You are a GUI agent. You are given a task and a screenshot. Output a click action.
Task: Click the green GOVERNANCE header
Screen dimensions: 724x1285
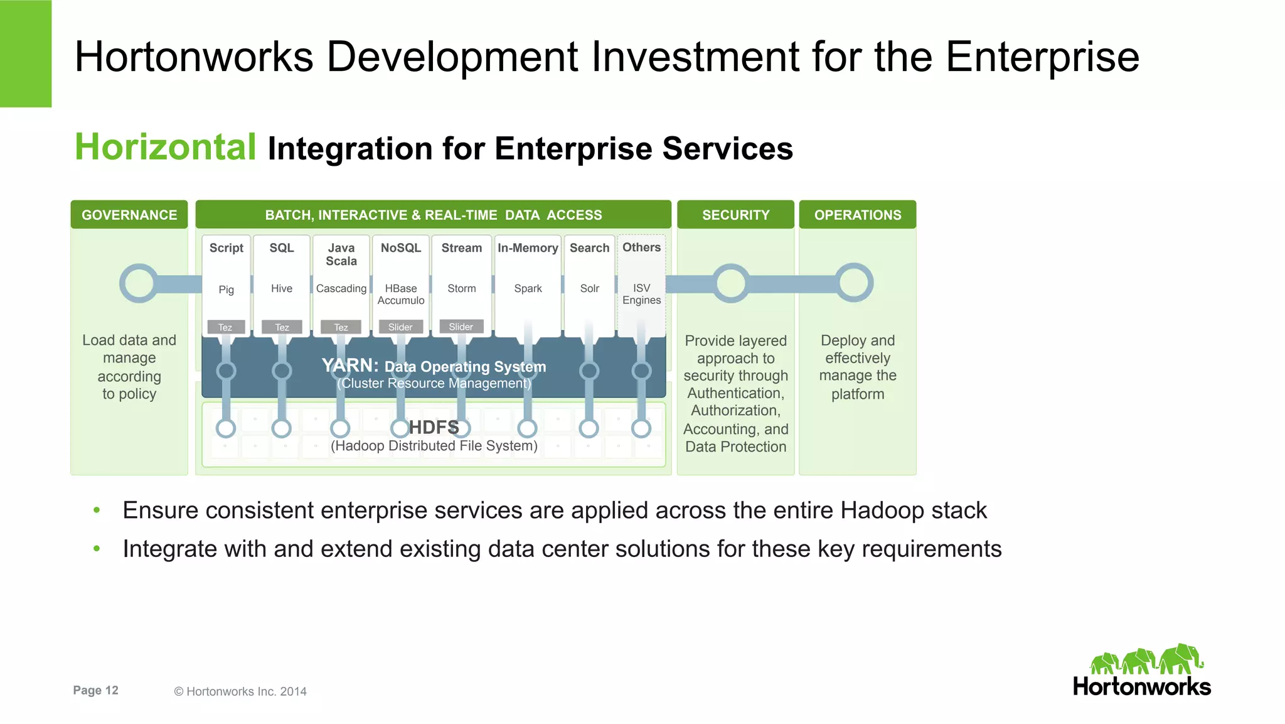click(129, 215)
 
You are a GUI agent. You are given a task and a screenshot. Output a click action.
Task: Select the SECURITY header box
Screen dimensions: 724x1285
click(735, 215)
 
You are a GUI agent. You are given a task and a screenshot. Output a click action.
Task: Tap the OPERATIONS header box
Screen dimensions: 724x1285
click(857, 215)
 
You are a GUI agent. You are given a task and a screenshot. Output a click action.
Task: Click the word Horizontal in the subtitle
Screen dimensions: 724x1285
click(166, 147)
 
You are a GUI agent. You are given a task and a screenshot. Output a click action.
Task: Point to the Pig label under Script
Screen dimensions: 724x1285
click(226, 289)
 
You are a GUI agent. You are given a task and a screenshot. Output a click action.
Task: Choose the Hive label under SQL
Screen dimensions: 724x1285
click(282, 288)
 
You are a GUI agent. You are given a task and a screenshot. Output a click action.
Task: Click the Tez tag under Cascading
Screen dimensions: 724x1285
click(341, 327)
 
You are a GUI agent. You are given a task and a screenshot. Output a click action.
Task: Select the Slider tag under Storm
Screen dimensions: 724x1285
click(461, 327)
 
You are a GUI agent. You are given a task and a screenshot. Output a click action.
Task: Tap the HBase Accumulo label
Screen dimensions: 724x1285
click(401, 294)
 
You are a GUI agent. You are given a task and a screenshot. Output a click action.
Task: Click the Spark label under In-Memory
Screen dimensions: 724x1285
click(528, 288)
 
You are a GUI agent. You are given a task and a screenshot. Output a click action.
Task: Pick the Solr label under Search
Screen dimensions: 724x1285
click(589, 288)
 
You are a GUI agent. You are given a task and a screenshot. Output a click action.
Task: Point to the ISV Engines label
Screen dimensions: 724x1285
click(641, 294)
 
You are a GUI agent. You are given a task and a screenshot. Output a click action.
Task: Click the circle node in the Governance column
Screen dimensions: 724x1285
click(139, 283)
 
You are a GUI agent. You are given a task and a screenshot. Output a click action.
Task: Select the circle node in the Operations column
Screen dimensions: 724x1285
click(853, 283)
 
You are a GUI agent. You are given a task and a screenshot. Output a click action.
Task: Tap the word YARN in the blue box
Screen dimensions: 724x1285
click(349, 365)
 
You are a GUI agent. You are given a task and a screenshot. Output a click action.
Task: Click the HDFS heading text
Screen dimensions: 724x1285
click(434, 428)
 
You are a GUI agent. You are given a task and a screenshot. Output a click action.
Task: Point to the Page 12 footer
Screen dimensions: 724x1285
click(95, 690)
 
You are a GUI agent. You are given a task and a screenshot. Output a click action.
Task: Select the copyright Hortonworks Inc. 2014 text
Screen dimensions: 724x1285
click(240, 691)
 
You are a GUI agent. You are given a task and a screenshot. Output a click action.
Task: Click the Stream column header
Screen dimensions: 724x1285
click(461, 248)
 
